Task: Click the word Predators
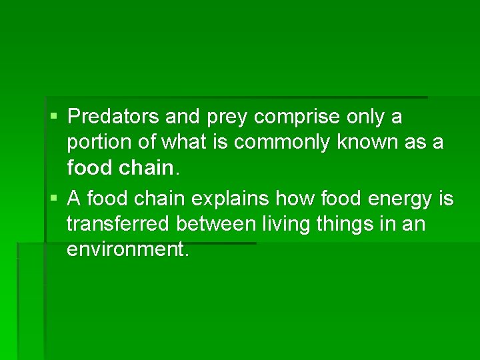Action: click(111, 117)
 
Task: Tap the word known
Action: click(365, 143)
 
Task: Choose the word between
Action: click(215, 224)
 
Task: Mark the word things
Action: click(348, 225)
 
